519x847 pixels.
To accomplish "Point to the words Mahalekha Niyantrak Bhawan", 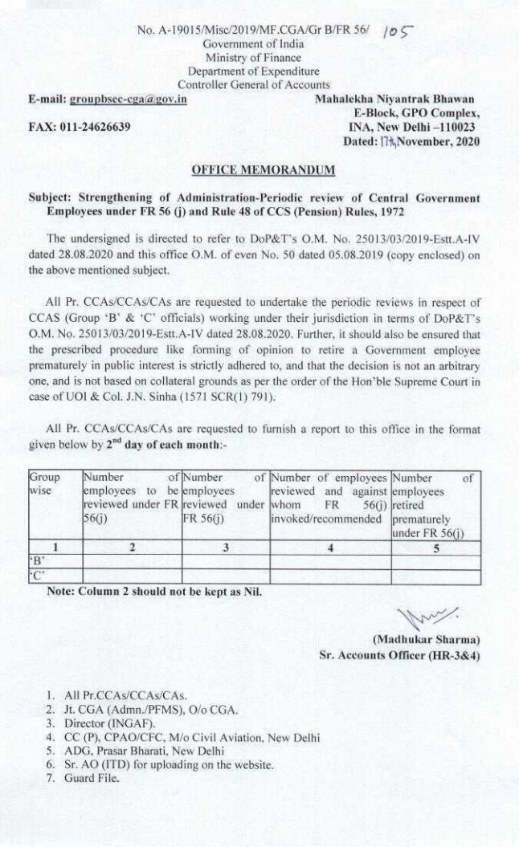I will click(x=398, y=97).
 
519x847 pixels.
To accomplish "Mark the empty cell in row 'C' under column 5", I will click(x=436, y=575).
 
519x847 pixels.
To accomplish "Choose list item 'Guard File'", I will click(x=92, y=778).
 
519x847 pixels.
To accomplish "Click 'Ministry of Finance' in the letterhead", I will click(x=253, y=58).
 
